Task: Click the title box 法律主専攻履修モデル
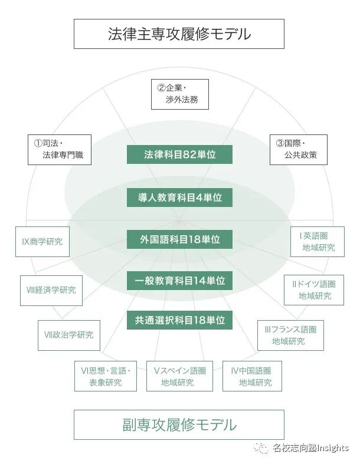pos(179,34)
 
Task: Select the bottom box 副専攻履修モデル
pos(179,424)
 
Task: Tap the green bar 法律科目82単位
pos(179,154)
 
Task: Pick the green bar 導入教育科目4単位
pos(179,198)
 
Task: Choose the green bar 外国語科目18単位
pos(179,239)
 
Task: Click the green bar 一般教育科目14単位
pos(179,281)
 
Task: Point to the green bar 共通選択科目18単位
pos(179,320)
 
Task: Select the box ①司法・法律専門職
pos(60,149)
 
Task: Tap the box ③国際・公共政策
pos(298,149)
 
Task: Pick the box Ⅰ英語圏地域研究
pos(317,241)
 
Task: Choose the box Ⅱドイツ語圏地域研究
pos(313,289)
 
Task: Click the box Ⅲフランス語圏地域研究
pos(290,335)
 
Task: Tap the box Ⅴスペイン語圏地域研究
pos(179,376)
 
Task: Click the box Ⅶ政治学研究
pos(69,335)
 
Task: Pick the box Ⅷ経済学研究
pos(51,289)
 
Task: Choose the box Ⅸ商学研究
pos(42,241)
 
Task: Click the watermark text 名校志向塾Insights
pos(310,449)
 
